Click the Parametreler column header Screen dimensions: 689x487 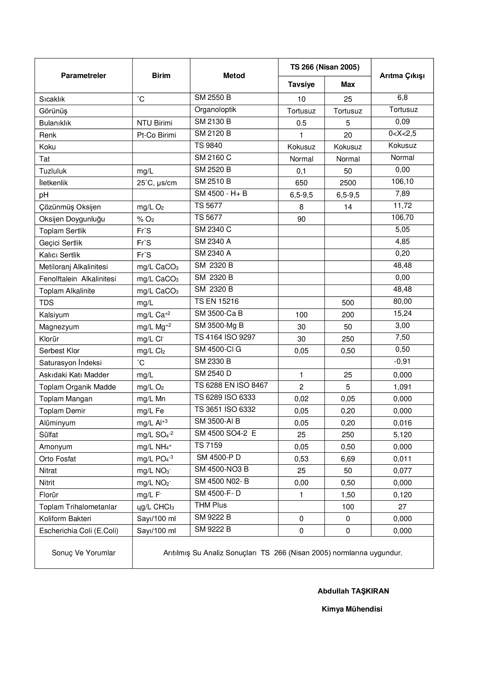coord(83,76)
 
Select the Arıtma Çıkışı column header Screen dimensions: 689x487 coord(402,76)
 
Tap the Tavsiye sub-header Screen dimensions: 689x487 coord(301,84)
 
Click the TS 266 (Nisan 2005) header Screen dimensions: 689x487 coord(324,67)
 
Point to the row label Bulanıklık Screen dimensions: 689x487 coord(55,123)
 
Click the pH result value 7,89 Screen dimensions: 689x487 coord(402,194)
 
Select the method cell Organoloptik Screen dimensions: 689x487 coord(215,110)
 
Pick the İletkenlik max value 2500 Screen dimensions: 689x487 coord(347,183)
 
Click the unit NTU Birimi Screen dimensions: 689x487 coord(155,123)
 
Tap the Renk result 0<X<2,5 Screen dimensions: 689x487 coord(402,133)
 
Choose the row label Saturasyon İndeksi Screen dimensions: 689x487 coord(70,363)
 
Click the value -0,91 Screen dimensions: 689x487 coord(402,361)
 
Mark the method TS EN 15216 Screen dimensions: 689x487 coord(216,301)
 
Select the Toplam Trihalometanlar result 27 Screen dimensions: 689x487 coord(402,507)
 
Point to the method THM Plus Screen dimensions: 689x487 coord(211,505)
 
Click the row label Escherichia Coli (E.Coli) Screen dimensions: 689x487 coord(79,531)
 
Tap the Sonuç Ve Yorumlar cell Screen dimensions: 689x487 coord(83,553)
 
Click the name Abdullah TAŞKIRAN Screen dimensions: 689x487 coord(353,591)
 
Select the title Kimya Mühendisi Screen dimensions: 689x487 coord(352,609)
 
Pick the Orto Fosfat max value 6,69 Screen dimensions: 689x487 coord(347,459)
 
